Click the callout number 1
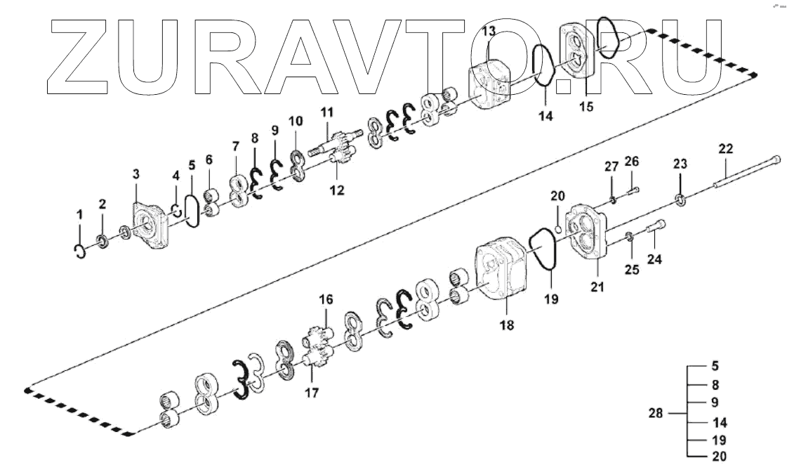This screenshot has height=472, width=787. click(x=79, y=213)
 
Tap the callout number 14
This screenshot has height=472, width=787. click(x=546, y=117)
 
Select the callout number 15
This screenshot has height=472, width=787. click(x=586, y=107)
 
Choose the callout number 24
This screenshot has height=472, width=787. click(x=654, y=260)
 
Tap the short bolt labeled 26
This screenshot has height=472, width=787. click(x=633, y=190)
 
